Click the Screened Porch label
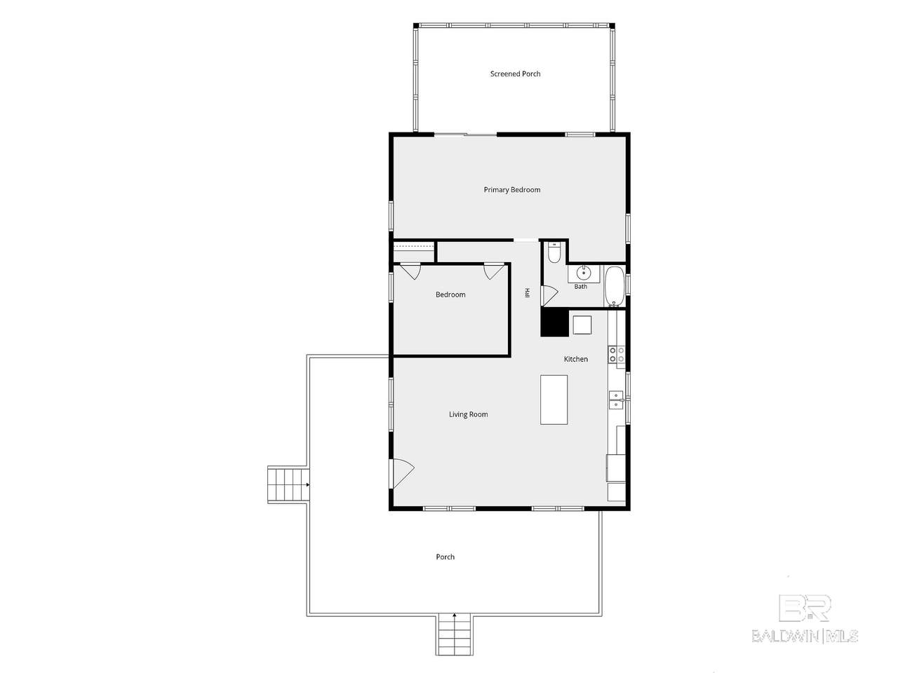[x=515, y=74]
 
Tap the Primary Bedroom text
[x=512, y=189]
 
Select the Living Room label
[x=469, y=414]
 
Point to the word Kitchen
[x=575, y=359]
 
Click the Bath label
[x=580, y=287]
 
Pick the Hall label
[x=528, y=293]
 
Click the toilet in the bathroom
[x=554, y=252]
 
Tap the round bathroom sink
[x=583, y=272]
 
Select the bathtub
[x=614, y=286]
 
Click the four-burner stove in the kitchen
[x=617, y=354]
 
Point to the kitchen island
[x=554, y=400]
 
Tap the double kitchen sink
[x=616, y=400]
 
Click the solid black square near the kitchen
[x=555, y=322]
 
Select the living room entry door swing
[x=403, y=473]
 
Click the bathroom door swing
[x=550, y=295]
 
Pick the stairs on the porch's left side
[x=288, y=484]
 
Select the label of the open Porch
[x=445, y=557]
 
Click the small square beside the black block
[x=582, y=325]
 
